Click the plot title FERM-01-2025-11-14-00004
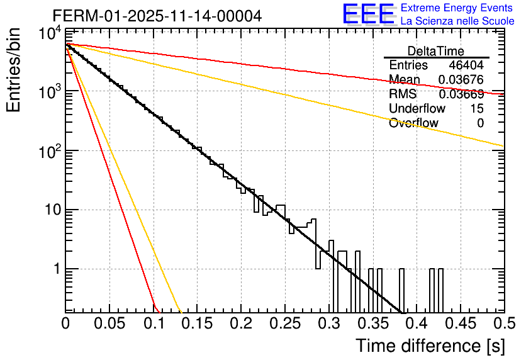click(x=157, y=16)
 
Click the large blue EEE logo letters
click(x=368, y=14)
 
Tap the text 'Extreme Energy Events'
click(x=457, y=8)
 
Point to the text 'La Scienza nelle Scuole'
click(x=457, y=21)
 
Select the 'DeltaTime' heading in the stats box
click(x=436, y=51)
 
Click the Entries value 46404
click(x=466, y=65)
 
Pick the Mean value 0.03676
click(x=461, y=80)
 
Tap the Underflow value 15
click(x=477, y=108)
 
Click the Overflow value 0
click(x=480, y=123)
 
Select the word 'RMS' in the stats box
click(x=403, y=94)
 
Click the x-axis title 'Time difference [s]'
click(x=429, y=346)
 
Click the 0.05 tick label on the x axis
click(x=109, y=323)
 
